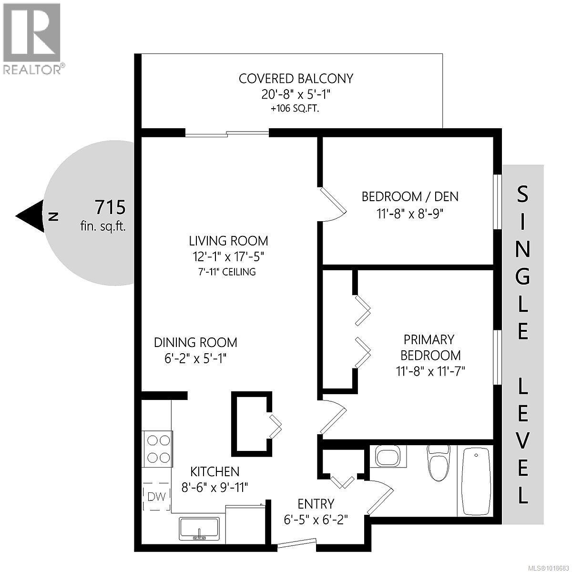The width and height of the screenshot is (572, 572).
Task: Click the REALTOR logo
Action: (x=31, y=38)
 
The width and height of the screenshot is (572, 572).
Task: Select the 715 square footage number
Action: (x=110, y=208)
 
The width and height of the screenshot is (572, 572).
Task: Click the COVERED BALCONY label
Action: (x=296, y=79)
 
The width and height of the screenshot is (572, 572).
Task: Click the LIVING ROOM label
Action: (x=228, y=241)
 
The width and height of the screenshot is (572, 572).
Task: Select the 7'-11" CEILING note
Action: (x=228, y=272)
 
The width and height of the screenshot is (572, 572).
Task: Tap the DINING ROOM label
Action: (x=195, y=342)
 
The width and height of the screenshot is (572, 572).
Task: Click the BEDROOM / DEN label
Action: (x=410, y=196)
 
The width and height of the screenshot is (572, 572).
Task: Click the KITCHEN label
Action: (x=214, y=472)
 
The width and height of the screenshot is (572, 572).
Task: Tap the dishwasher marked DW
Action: (x=157, y=496)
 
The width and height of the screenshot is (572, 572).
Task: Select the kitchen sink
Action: (x=199, y=528)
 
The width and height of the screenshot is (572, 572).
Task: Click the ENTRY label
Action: (x=316, y=503)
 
